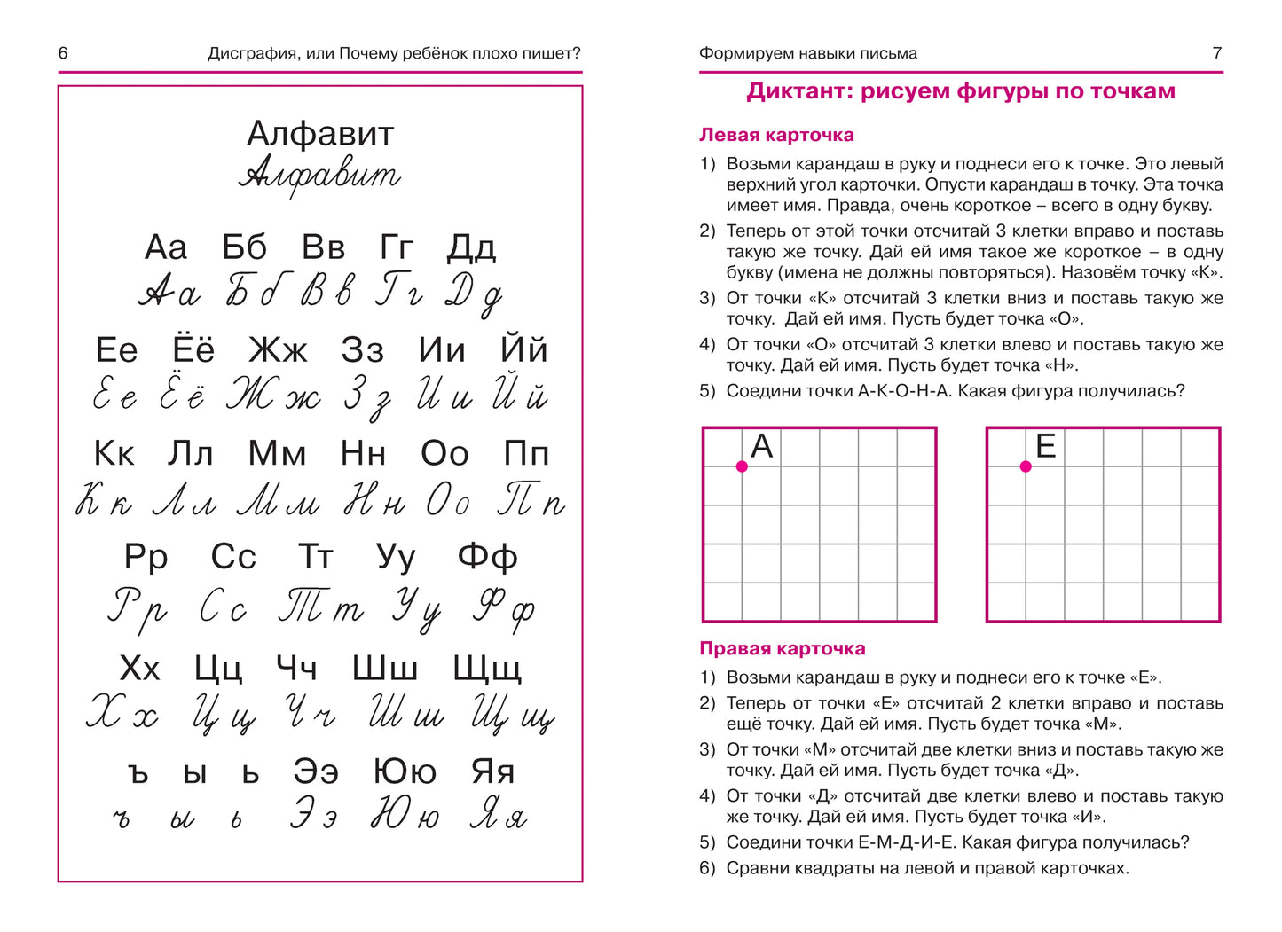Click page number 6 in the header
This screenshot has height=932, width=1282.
point(63,53)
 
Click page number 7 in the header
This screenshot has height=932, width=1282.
point(1217,53)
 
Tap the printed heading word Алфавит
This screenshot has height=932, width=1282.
point(320,134)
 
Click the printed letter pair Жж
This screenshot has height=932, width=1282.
point(278,350)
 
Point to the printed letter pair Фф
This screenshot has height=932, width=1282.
point(487,557)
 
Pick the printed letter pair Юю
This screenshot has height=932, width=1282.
point(405,771)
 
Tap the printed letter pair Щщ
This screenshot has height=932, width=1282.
point(487,668)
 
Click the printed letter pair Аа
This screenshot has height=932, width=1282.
point(166,247)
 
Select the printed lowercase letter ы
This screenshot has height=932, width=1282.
point(195,773)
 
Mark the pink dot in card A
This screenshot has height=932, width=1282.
point(742,466)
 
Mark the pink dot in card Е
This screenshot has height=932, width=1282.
point(1026,466)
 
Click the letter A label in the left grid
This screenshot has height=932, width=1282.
point(762,446)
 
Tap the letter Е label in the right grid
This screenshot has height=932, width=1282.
point(1046,446)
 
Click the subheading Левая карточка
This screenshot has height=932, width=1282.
point(776,135)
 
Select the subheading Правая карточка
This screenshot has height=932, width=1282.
point(782,648)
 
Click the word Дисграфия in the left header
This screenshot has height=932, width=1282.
point(250,53)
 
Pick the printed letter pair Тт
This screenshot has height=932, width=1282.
point(315,557)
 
